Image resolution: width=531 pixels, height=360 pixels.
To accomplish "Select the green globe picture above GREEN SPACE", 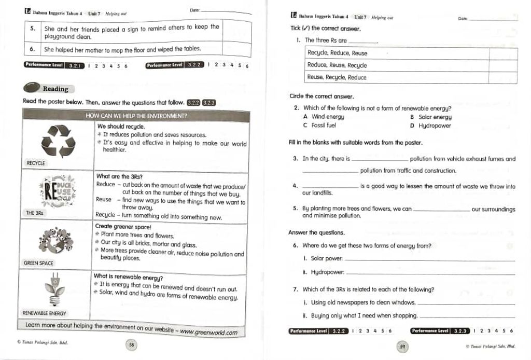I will point(55,240).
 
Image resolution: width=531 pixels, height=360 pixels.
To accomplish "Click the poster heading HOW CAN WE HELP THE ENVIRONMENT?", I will point(136,116).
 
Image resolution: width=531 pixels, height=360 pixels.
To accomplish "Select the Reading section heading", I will point(55,89).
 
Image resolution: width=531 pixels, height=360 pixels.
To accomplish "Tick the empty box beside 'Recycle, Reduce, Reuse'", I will point(502,53).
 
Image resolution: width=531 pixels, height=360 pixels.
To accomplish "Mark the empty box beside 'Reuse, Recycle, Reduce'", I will point(502,77).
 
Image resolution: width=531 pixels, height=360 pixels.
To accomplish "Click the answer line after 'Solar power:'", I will point(430,259).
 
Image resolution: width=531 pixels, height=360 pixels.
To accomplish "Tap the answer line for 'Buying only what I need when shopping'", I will point(467,316).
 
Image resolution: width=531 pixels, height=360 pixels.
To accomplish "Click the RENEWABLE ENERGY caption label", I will point(44,313).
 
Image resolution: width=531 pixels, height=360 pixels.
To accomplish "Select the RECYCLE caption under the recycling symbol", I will point(36,163).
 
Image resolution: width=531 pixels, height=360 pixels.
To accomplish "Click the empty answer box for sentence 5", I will point(236,31).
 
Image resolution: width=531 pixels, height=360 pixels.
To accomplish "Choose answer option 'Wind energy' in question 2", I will point(328,117).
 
